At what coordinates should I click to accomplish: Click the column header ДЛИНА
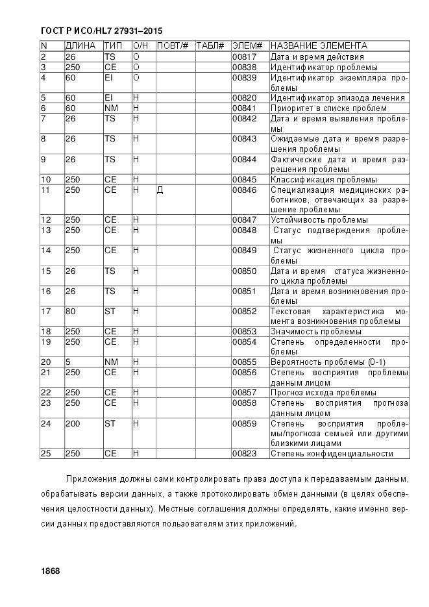[x=80, y=46]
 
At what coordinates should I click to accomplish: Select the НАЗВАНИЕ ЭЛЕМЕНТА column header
[x=318, y=46]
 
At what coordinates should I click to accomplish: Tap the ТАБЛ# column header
[x=210, y=46]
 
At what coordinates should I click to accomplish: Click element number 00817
[x=245, y=57]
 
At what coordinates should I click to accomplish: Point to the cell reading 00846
[x=245, y=190]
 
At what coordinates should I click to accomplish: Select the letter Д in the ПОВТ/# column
[x=160, y=190]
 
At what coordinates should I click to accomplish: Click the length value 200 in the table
[x=73, y=424]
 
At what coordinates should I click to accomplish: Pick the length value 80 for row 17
[x=71, y=312]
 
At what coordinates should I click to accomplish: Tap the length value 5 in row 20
[x=67, y=362]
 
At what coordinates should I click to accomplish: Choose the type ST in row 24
[x=110, y=424]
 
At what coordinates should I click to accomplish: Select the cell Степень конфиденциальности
[x=332, y=454]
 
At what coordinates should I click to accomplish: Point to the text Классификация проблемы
[x=323, y=180]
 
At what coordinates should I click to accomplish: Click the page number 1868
[x=50, y=571]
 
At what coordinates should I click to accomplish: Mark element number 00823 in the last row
[x=245, y=454]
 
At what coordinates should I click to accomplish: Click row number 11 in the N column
[x=45, y=190]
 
